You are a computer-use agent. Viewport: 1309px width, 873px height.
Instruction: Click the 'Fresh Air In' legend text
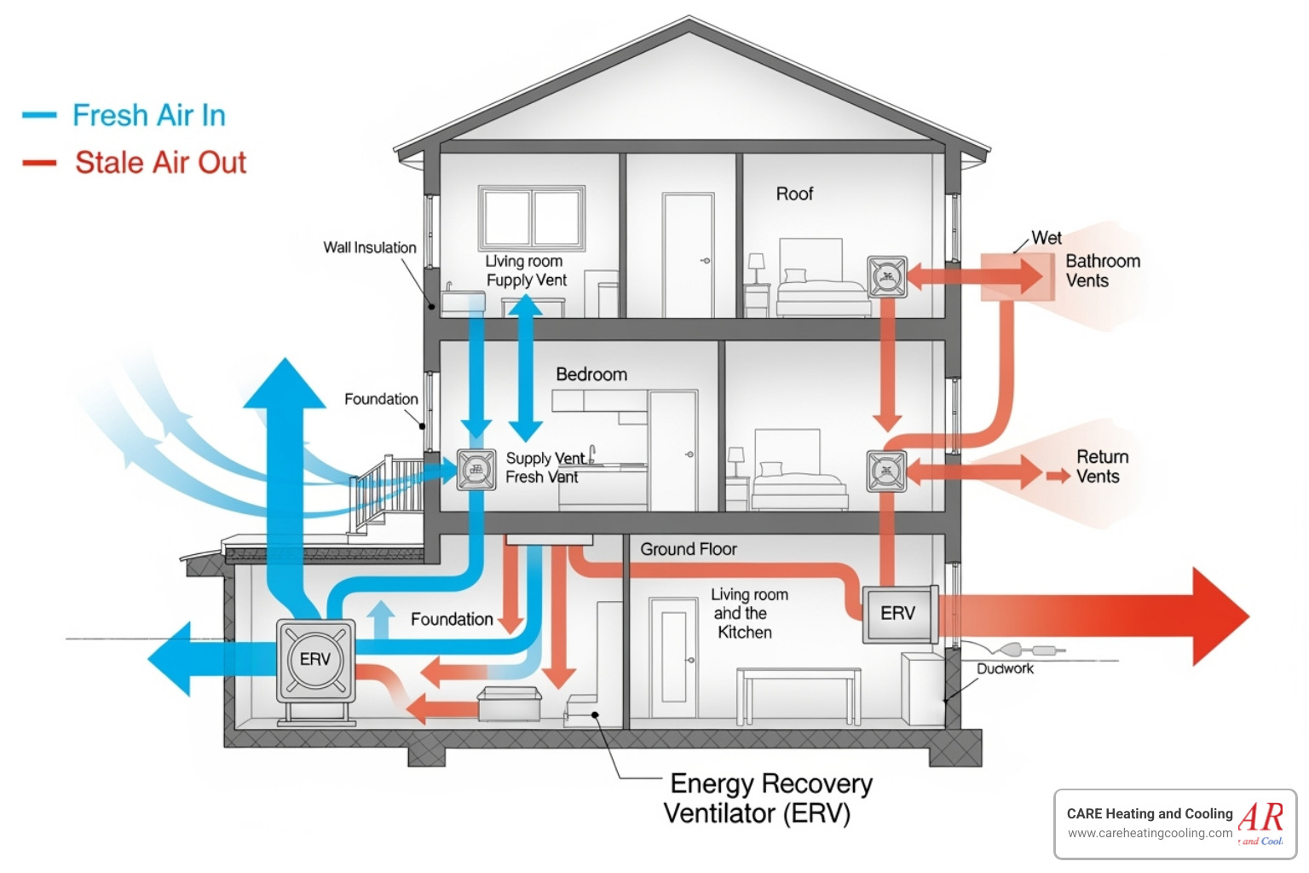point(148,115)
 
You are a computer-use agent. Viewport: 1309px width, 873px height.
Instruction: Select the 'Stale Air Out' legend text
point(160,162)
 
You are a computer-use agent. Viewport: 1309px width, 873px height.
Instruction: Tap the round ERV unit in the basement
point(315,660)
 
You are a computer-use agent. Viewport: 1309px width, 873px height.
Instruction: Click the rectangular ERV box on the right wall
point(899,614)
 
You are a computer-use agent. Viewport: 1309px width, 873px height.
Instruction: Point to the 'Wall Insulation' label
point(370,247)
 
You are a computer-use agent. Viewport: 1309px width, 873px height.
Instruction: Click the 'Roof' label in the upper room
point(794,194)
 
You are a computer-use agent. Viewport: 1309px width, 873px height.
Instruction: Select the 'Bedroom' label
point(591,374)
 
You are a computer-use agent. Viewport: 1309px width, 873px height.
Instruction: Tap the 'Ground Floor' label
point(689,550)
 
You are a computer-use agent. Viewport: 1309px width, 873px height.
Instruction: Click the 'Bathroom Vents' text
point(1102,271)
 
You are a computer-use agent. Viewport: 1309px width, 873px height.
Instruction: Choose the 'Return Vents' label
point(1102,467)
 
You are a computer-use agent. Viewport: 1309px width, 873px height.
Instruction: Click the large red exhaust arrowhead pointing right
point(1219,616)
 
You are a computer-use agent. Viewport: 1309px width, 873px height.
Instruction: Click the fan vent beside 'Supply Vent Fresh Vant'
point(476,469)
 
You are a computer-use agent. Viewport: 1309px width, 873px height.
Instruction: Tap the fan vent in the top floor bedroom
point(887,277)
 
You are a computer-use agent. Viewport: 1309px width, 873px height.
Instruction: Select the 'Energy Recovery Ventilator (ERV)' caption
point(767,798)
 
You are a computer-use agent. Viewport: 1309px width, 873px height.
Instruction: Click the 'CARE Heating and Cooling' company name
point(1149,814)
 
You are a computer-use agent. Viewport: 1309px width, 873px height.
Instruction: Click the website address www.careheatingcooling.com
point(1149,834)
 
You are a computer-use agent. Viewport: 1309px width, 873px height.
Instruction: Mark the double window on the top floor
point(532,218)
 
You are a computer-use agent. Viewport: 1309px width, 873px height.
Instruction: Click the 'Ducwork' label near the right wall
point(1005,669)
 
